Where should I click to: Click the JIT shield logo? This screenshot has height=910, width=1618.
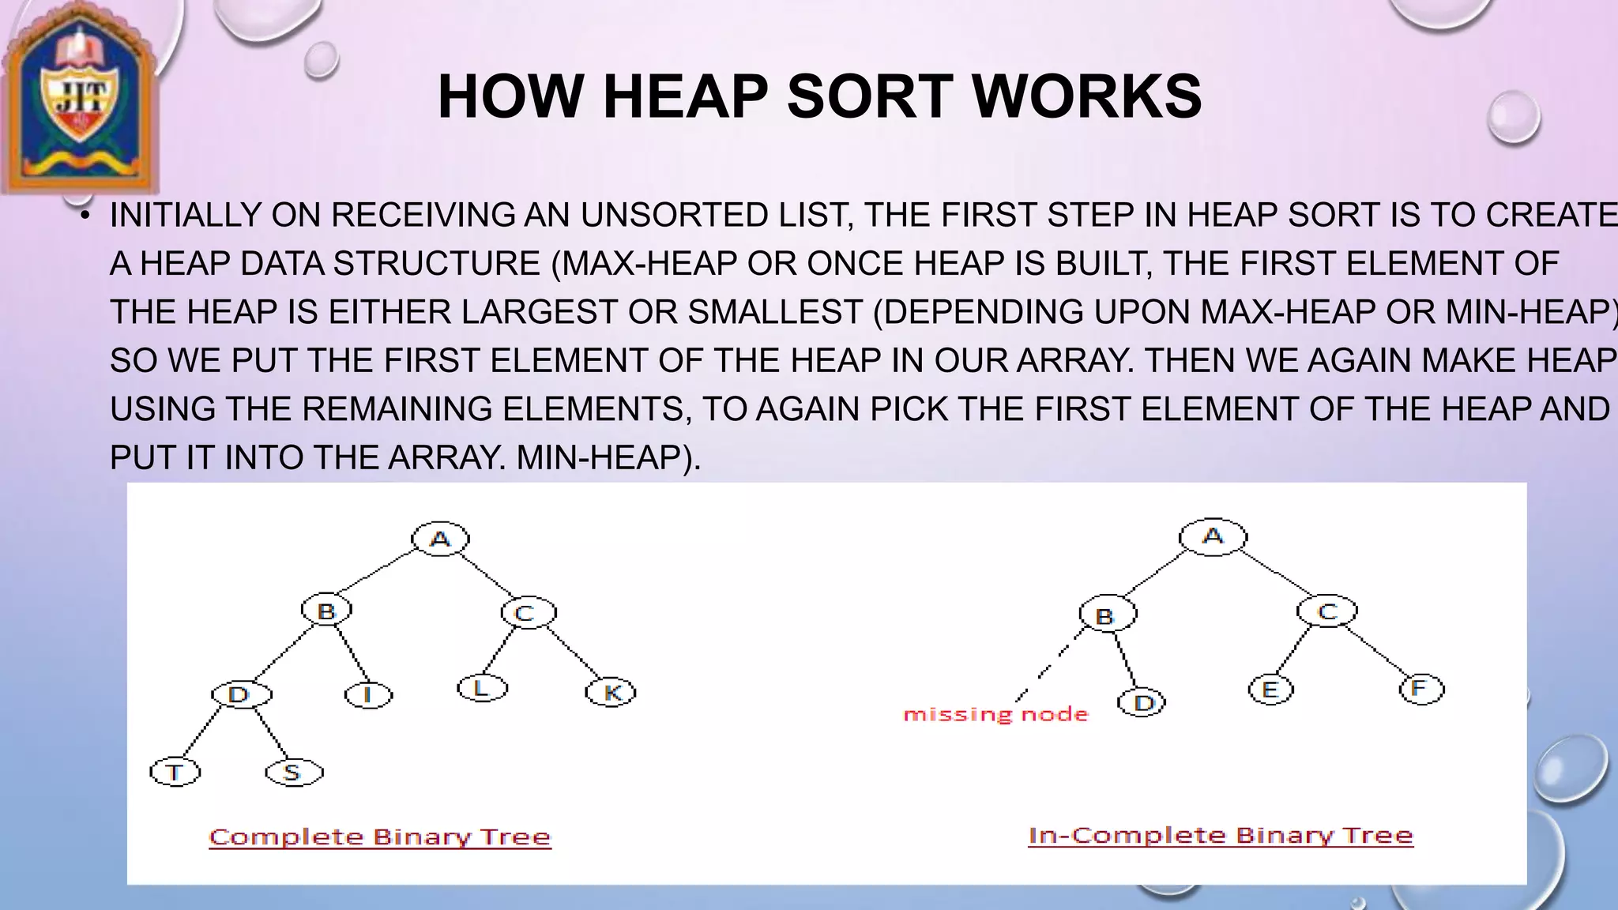[x=79, y=99]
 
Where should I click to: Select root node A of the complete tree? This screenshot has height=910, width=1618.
[x=440, y=539]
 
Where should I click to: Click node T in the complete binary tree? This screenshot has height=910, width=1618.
[x=175, y=772]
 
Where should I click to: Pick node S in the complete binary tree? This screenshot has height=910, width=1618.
[x=293, y=772]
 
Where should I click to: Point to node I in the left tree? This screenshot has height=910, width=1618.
[x=368, y=695]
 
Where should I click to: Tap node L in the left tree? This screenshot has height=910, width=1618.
[x=482, y=688]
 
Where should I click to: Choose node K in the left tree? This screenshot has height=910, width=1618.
[x=611, y=693]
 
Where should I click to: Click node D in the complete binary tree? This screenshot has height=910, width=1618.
[x=240, y=694]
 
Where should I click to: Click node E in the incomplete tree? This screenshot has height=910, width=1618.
[x=1270, y=690]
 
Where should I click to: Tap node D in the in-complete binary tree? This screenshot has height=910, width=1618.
[x=1142, y=702]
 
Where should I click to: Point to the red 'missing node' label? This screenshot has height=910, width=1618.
[x=995, y=715]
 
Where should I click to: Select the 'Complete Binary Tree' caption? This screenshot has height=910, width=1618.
[x=380, y=837]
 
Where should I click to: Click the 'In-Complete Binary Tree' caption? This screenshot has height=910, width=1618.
[x=1220, y=836]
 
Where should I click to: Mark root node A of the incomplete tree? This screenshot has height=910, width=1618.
[x=1213, y=537]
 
